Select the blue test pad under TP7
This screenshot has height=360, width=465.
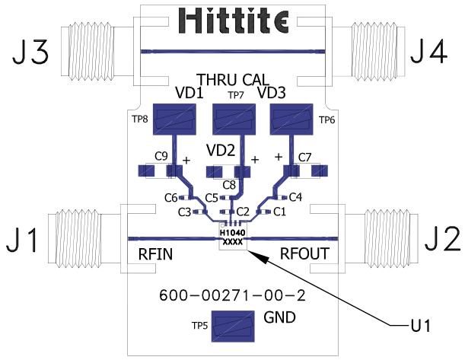232,122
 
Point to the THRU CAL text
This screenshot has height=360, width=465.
232,79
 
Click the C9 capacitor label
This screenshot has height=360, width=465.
162,157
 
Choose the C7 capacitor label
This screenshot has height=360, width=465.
304,158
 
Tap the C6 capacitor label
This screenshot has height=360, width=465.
171,198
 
